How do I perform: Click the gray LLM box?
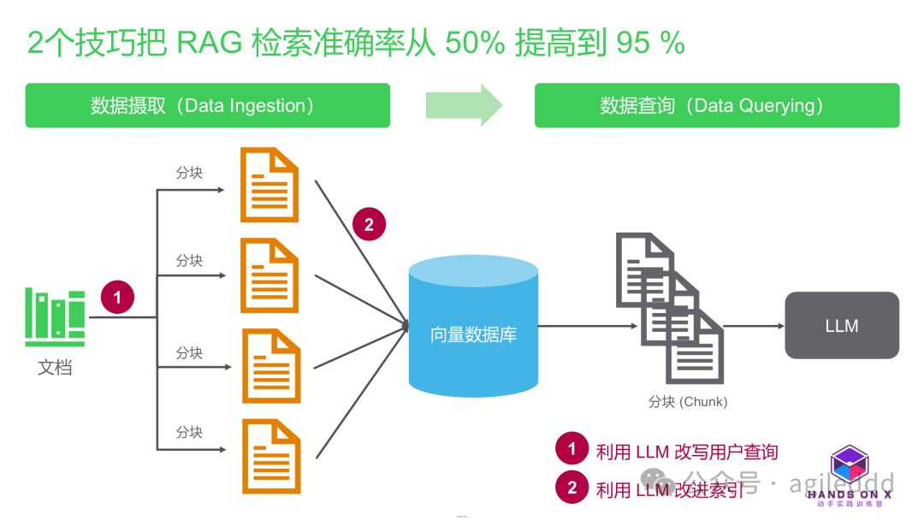coord(842,326)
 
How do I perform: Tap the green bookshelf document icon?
coord(56,318)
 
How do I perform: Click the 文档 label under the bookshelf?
coord(55,368)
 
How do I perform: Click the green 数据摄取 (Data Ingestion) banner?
coord(207,105)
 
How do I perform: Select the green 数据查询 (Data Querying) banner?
coord(717,105)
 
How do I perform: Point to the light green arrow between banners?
coord(463,105)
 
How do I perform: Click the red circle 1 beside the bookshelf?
coord(118,298)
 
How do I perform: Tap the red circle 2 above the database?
coord(369,225)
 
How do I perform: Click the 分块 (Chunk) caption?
coord(687,402)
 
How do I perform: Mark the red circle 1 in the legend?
coord(572,449)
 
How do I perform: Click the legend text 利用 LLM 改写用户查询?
coord(686,451)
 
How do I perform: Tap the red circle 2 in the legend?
coord(572,488)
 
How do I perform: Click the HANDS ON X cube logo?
coord(850,466)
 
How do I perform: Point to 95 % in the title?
coord(649,43)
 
